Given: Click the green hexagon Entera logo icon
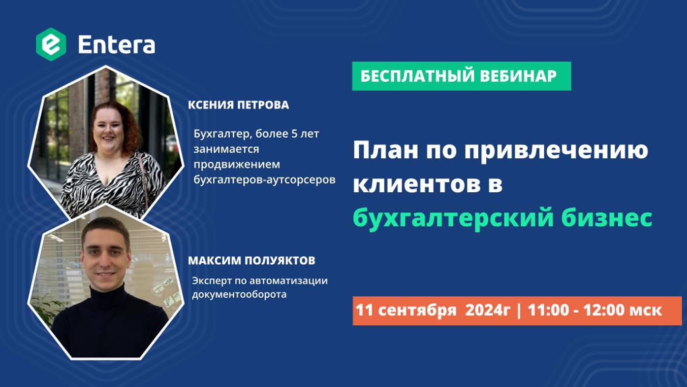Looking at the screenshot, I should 51,44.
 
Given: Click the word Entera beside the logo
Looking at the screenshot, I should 117,45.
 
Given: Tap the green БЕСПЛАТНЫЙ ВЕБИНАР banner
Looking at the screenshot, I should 461,76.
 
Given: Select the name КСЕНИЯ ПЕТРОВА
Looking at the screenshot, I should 238,105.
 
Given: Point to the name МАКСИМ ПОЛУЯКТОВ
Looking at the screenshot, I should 251,260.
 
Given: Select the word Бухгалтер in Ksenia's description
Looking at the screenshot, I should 222,134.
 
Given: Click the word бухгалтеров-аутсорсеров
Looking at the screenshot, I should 264,180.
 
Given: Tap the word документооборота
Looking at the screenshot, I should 239,295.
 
